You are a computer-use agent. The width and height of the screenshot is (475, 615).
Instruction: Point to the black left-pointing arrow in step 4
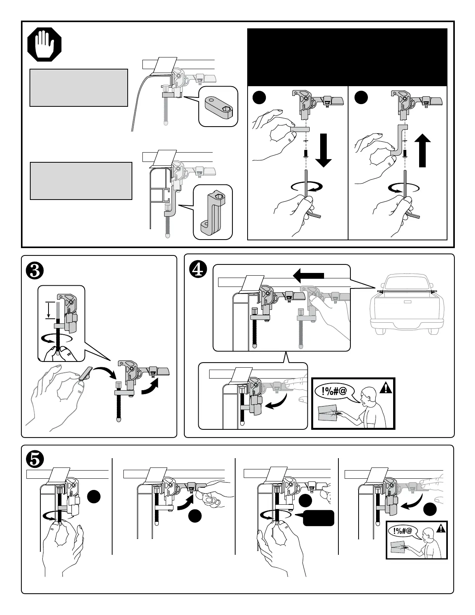coord(309,276)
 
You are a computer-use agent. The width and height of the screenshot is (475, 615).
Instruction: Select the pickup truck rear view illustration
coord(407,303)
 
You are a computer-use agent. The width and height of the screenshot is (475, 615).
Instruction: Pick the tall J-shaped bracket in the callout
coord(213,212)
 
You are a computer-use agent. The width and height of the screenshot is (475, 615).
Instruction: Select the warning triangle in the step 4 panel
coord(387,388)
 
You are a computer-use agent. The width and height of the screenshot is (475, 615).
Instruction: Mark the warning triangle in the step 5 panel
coord(441,528)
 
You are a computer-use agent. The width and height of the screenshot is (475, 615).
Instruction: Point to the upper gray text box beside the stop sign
coord(79,88)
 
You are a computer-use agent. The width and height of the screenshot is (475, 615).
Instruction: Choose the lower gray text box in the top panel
coord(81,181)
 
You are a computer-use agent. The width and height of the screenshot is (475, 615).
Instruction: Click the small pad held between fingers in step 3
coord(84,373)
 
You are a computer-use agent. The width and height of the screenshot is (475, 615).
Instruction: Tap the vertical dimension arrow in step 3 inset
coord(48,310)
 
